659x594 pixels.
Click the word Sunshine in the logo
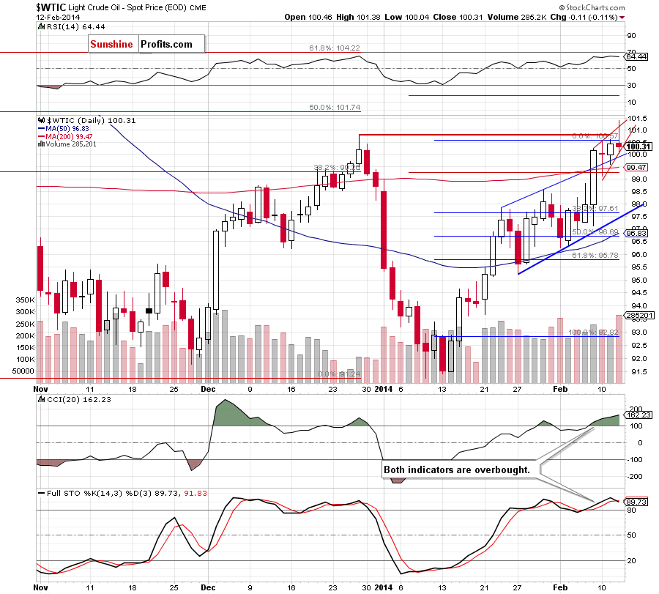[x=111, y=44]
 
